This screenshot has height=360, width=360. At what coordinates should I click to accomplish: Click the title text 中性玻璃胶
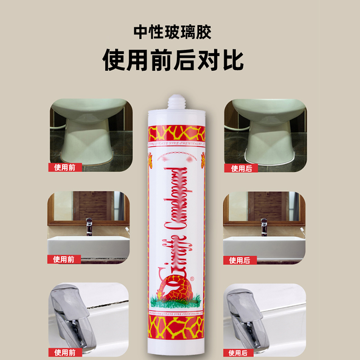click(x=173, y=33)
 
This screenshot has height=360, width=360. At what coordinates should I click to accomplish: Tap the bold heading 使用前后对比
click(x=173, y=59)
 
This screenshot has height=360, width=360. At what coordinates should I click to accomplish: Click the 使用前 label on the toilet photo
click(x=65, y=168)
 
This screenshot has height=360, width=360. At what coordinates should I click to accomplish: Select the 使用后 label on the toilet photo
click(x=241, y=168)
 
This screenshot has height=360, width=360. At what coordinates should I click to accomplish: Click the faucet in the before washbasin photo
click(x=89, y=226)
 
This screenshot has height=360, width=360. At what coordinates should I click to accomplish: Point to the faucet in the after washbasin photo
click(x=264, y=226)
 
